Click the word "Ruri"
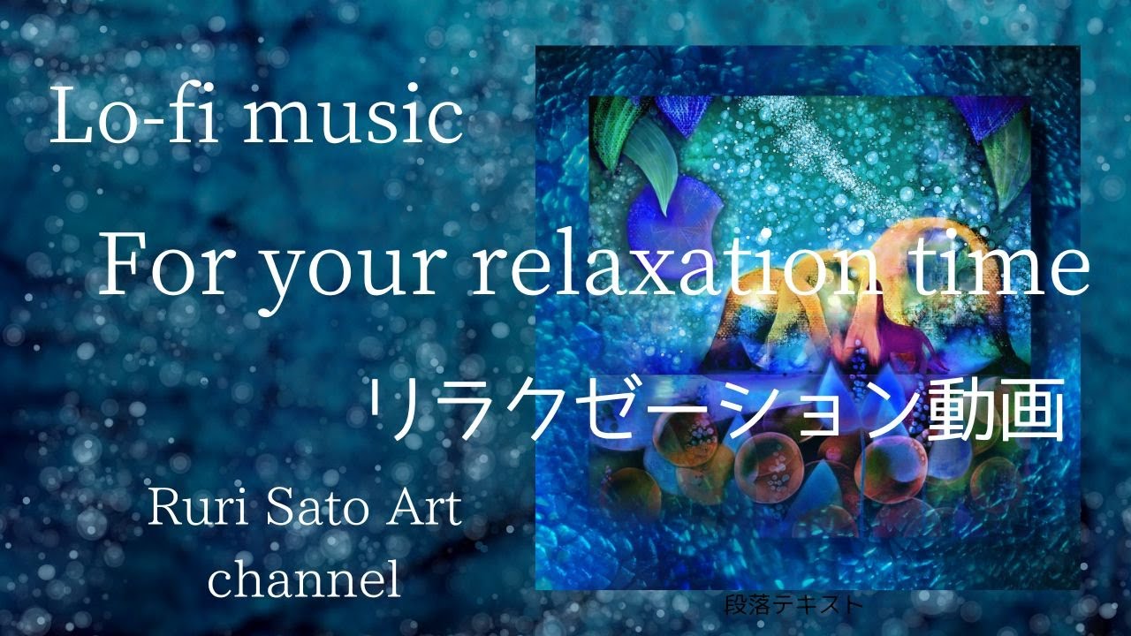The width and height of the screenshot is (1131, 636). coord(189,510)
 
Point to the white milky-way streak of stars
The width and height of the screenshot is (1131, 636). coord(831,150)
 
